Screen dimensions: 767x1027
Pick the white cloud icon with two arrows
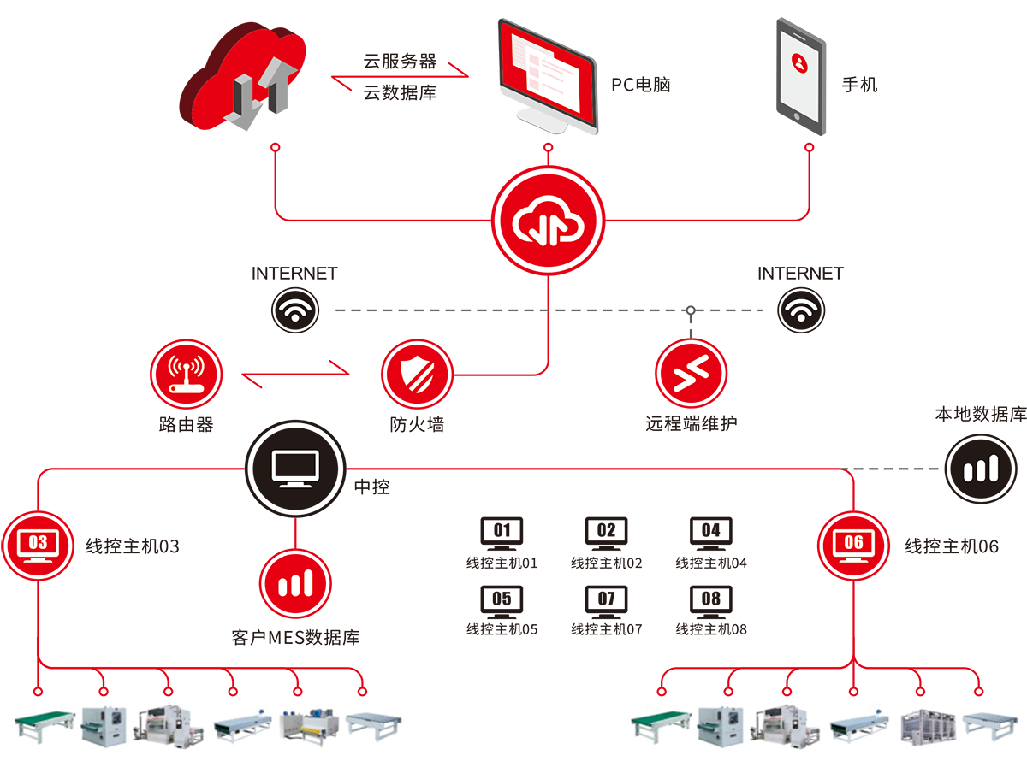coord(548,222)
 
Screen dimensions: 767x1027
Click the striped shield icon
coord(417,374)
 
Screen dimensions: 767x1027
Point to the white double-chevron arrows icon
coord(690,375)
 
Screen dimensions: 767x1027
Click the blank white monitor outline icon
coord(295,469)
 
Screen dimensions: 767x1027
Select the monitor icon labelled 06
coord(853,545)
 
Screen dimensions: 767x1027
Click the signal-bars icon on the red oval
coord(295,583)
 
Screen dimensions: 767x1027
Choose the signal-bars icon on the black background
coord(981,469)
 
